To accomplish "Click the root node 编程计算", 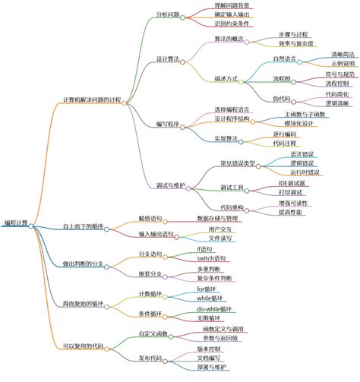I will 17,223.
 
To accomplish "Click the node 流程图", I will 283,78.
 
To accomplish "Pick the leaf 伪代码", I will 283,99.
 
